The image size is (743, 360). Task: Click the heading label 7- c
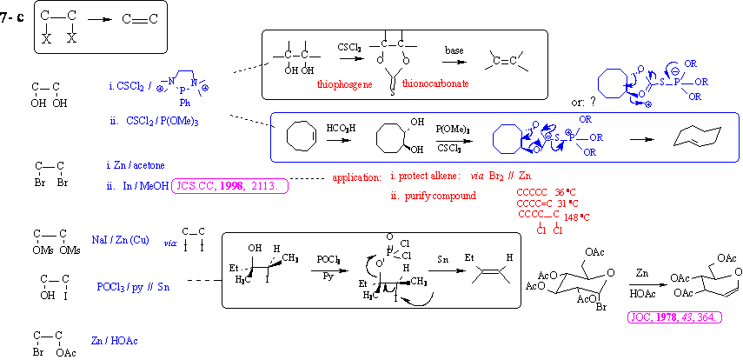[12, 16]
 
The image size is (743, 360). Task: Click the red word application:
[356, 178]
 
